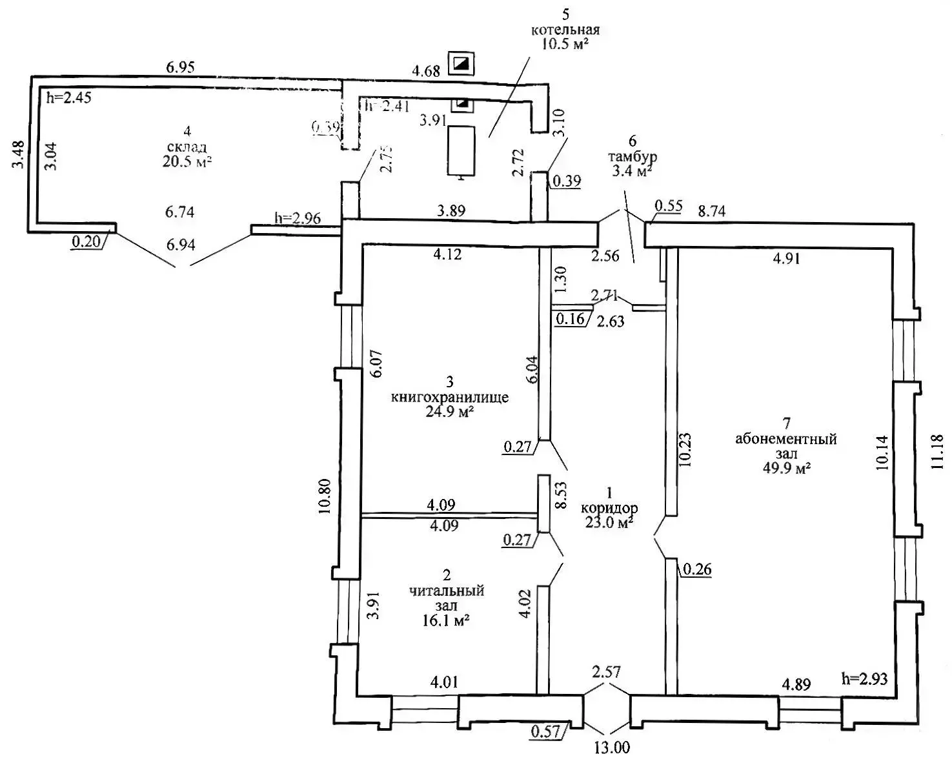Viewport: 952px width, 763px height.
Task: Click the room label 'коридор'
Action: (x=609, y=508)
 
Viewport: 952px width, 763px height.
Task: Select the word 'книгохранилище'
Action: (x=449, y=397)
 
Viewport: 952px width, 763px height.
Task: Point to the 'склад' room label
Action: (x=187, y=148)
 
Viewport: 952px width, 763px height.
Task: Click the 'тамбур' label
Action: (x=633, y=156)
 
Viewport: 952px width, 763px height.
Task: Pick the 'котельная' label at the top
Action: (x=565, y=30)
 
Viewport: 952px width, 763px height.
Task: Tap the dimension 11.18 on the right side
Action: (x=938, y=452)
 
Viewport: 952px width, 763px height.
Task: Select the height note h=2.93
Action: (x=865, y=678)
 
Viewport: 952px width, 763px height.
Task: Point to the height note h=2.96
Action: (x=298, y=218)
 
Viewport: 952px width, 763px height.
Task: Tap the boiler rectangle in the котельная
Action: (x=462, y=150)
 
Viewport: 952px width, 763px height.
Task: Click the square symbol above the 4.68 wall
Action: (x=462, y=63)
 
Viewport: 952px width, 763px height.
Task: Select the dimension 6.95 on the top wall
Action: (x=180, y=66)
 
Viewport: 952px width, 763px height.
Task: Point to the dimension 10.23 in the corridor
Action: (x=685, y=449)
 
